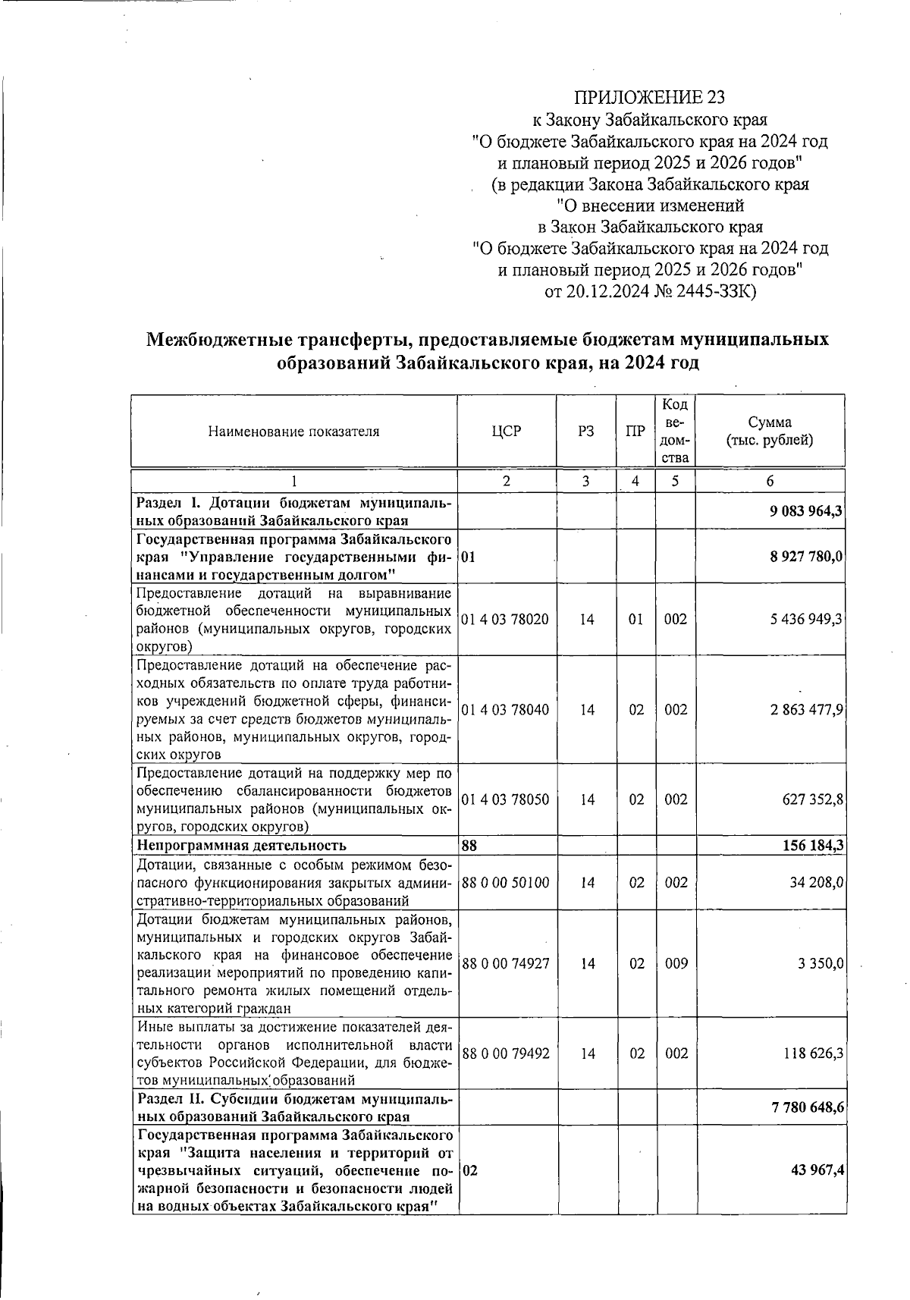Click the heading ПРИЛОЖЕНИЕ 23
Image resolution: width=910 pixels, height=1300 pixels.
point(650,98)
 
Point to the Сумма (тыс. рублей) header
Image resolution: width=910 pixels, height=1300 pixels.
point(770,432)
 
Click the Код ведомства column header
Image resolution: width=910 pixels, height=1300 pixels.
point(675,431)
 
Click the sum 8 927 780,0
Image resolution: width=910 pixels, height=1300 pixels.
point(806,557)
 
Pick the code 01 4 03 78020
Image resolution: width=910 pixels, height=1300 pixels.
point(505,619)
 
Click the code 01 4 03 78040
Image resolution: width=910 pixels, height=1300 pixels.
point(505,710)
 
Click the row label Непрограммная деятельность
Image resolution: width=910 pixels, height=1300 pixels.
point(241,845)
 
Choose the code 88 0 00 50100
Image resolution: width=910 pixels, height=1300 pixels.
point(505,882)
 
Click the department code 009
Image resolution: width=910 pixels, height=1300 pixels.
point(676,963)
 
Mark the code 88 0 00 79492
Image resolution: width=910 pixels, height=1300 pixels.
point(505,1054)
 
